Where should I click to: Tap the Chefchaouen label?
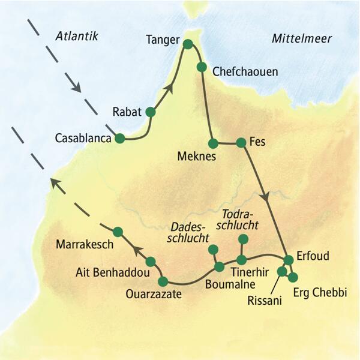[245, 71]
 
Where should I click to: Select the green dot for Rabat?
[150, 112]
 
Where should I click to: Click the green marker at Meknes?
[212, 143]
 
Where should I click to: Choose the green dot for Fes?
[241, 143]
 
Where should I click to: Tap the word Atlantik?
[76, 37]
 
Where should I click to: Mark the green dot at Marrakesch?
[118, 232]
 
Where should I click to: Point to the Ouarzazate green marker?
[163, 281]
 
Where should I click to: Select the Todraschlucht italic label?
[240, 220]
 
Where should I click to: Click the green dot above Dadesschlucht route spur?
[212, 250]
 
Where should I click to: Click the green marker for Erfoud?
[289, 260]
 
